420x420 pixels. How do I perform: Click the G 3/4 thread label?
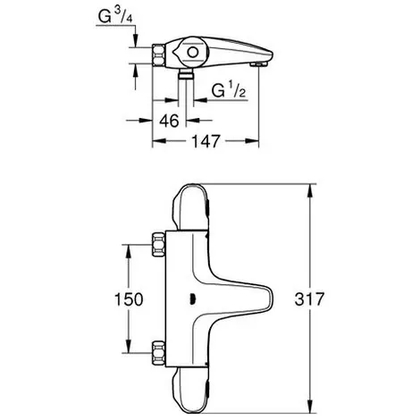tap(115, 16)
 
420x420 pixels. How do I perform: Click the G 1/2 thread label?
tap(229, 90)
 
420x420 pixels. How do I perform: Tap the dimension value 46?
tap(169, 121)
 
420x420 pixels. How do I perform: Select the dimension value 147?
tap(206, 141)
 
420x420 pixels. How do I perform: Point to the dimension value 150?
tap(129, 299)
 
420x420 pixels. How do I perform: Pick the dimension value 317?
tap(309, 299)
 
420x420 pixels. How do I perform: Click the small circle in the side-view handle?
tap(193, 53)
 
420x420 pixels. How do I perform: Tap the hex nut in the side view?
tap(158, 55)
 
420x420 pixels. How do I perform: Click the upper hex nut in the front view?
tap(158, 245)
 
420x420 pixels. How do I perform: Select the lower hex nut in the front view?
tap(158, 353)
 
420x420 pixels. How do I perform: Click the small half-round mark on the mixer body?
tap(192, 298)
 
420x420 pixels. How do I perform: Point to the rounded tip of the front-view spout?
tap(270, 298)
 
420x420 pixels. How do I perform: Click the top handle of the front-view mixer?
tap(191, 206)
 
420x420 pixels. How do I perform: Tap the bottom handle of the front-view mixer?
tap(191, 391)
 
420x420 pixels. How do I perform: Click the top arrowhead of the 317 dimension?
tap(310, 191)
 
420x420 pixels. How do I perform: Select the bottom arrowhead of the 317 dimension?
tap(310, 407)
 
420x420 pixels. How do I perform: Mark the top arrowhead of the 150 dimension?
tap(129, 252)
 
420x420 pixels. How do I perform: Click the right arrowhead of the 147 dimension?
tap(252, 141)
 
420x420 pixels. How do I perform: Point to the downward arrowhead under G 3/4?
tap(136, 40)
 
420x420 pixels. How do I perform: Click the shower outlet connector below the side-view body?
tap(186, 73)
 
